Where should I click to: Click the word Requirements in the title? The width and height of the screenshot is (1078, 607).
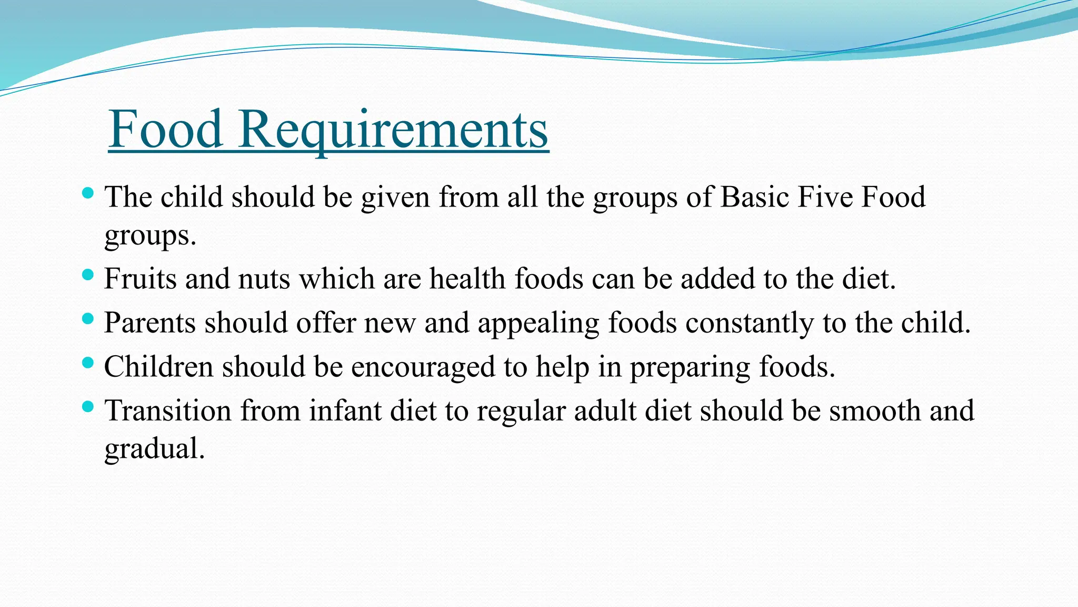(393, 130)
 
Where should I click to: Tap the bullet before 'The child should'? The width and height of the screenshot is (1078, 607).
(88, 193)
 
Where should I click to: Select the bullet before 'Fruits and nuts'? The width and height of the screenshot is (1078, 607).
(88, 275)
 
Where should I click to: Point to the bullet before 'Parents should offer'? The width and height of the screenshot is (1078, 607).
(88, 319)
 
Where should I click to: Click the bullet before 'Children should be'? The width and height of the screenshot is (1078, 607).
(88, 363)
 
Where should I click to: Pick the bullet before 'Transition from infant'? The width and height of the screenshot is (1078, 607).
(88, 406)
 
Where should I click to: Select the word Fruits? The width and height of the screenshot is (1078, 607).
(140, 278)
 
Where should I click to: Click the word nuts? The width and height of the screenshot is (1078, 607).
(264, 279)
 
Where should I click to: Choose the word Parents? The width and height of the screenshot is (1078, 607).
(149, 322)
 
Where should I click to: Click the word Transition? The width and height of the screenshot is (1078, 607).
(168, 410)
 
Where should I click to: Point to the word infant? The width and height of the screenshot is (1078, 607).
(345, 410)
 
